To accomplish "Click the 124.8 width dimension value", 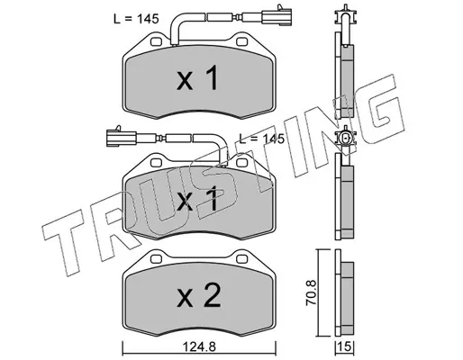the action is (x=200, y=347).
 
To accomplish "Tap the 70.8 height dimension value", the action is (x=311, y=292).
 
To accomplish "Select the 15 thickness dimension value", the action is (x=346, y=347).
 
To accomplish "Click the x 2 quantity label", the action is (x=199, y=295).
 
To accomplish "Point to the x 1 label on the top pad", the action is (x=197, y=78).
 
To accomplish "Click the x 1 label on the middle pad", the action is (x=197, y=198).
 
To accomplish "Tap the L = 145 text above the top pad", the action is (x=136, y=19).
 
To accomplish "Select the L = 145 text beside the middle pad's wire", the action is (x=261, y=139).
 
